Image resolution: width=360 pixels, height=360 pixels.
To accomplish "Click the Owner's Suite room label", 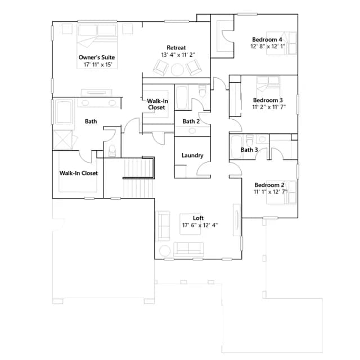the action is click(97, 57).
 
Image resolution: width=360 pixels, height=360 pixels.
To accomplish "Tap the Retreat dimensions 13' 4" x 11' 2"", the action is click(178, 55).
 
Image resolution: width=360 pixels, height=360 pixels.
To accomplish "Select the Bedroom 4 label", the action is click(267, 39).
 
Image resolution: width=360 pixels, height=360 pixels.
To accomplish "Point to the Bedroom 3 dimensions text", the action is click(269, 107).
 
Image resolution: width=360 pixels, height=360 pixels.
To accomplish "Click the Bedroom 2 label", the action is click(269, 185).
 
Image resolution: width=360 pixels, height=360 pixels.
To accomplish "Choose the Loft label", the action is click(198, 218).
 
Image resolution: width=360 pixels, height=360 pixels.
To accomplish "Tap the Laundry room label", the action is click(192, 155).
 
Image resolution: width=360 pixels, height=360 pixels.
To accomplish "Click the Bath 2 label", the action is click(191, 121).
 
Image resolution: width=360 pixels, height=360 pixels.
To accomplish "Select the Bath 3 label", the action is click(249, 150).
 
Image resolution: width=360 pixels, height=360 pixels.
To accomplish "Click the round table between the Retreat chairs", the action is click(177, 70).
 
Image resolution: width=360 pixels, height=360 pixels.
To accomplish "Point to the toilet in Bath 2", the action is click(202, 91).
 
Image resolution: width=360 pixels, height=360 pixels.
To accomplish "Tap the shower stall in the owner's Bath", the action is click(62, 140).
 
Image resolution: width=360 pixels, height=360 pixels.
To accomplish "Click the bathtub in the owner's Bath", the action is click(64, 111).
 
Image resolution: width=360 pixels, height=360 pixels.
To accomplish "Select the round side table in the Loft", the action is click(165, 251).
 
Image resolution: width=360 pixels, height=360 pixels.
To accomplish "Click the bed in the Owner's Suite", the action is click(97, 46).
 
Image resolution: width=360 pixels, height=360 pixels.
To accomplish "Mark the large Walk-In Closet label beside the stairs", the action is click(79, 173).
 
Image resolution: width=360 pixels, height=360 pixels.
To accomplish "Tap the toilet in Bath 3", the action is click(249, 139).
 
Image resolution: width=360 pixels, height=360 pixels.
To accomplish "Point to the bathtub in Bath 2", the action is click(182, 98).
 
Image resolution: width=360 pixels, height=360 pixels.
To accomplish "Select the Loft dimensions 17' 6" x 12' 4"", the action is click(200, 225).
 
